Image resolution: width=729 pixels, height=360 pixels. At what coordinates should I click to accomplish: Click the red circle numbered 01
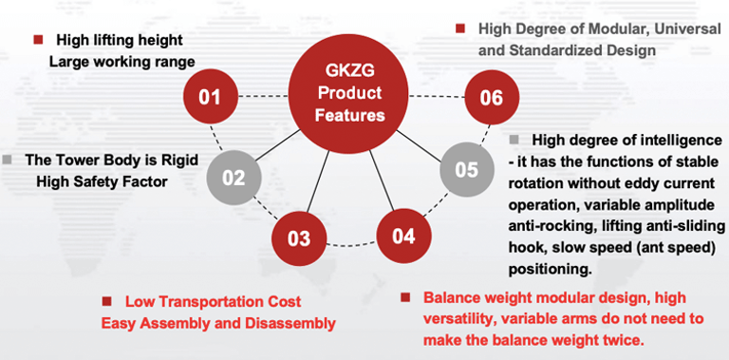click(x=211, y=96)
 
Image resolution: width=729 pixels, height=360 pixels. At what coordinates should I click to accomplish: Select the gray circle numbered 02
click(x=234, y=178)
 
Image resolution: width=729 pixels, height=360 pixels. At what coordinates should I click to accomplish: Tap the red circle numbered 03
click(x=299, y=238)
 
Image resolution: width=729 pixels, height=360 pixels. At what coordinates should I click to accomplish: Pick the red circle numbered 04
click(x=403, y=236)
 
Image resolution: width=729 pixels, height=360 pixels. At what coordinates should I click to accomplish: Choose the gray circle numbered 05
click(x=467, y=170)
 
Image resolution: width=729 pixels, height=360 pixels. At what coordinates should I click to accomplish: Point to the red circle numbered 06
click(x=493, y=97)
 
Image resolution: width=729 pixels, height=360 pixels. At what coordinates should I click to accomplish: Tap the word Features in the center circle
click(x=349, y=115)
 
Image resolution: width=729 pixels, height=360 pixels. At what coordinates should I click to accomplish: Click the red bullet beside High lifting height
click(x=38, y=40)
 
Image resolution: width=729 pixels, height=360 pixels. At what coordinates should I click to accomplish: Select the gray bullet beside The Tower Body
click(x=7, y=161)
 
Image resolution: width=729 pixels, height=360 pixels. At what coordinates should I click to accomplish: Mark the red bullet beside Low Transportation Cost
click(x=107, y=301)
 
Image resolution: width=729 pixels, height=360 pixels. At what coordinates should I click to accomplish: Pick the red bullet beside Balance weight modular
click(x=406, y=297)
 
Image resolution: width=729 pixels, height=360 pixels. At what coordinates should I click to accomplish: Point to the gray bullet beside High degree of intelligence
click(x=514, y=140)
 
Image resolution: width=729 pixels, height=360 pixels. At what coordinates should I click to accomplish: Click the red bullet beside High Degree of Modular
click(x=460, y=28)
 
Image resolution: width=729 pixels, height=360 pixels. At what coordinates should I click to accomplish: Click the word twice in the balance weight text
click(x=622, y=340)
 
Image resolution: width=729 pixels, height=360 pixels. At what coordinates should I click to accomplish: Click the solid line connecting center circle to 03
click(x=319, y=181)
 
